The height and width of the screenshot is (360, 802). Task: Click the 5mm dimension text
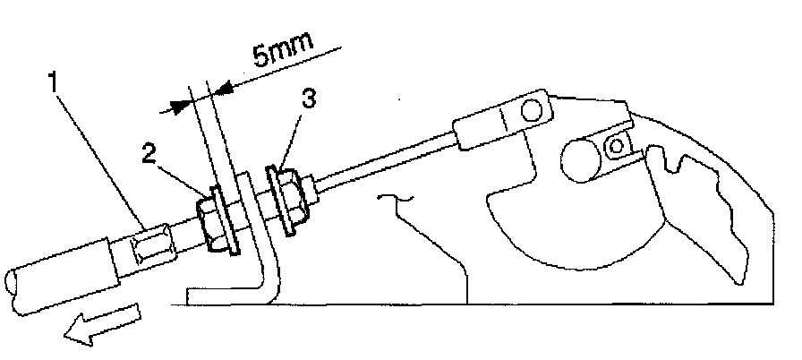[280, 56]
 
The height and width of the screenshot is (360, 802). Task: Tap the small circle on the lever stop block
[617, 144]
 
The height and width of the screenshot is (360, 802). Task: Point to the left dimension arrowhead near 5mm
[180, 104]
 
